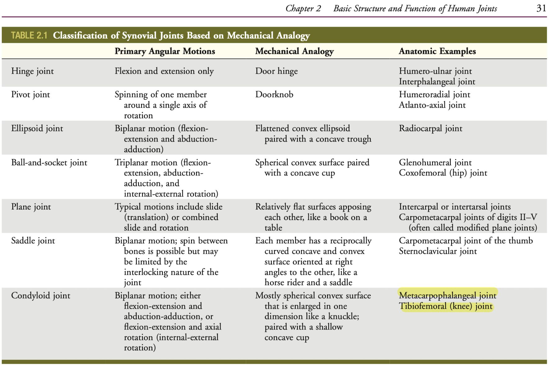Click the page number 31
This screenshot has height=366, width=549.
[541, 8]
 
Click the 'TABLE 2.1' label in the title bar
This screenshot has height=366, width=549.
[29, 35]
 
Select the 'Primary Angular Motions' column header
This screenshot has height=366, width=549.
[165, 51]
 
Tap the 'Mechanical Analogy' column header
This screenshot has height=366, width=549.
[294, 51]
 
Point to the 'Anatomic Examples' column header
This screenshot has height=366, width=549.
[437, 51]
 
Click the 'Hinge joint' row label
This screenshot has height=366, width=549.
[32, 71]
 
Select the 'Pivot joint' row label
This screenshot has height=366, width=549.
[30, 95]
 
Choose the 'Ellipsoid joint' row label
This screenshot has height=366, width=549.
[37, 128]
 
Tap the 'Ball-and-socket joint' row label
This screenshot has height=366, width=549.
[49, 163]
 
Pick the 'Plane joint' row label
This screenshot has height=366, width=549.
[31, 207]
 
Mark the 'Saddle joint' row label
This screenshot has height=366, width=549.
[33, 241]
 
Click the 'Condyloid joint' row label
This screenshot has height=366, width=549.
[41, 296]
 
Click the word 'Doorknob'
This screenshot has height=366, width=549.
[274, 95]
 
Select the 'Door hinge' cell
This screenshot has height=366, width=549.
[276, 71]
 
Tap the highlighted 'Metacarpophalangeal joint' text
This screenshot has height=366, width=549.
[447, 296]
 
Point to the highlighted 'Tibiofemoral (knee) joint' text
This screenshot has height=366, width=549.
[446, 306]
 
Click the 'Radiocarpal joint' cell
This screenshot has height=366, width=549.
[430, 128]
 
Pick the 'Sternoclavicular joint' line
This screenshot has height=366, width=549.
[438, 251]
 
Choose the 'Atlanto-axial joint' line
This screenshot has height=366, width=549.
[432, 105]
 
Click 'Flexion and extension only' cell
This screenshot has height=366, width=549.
[164, 71]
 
